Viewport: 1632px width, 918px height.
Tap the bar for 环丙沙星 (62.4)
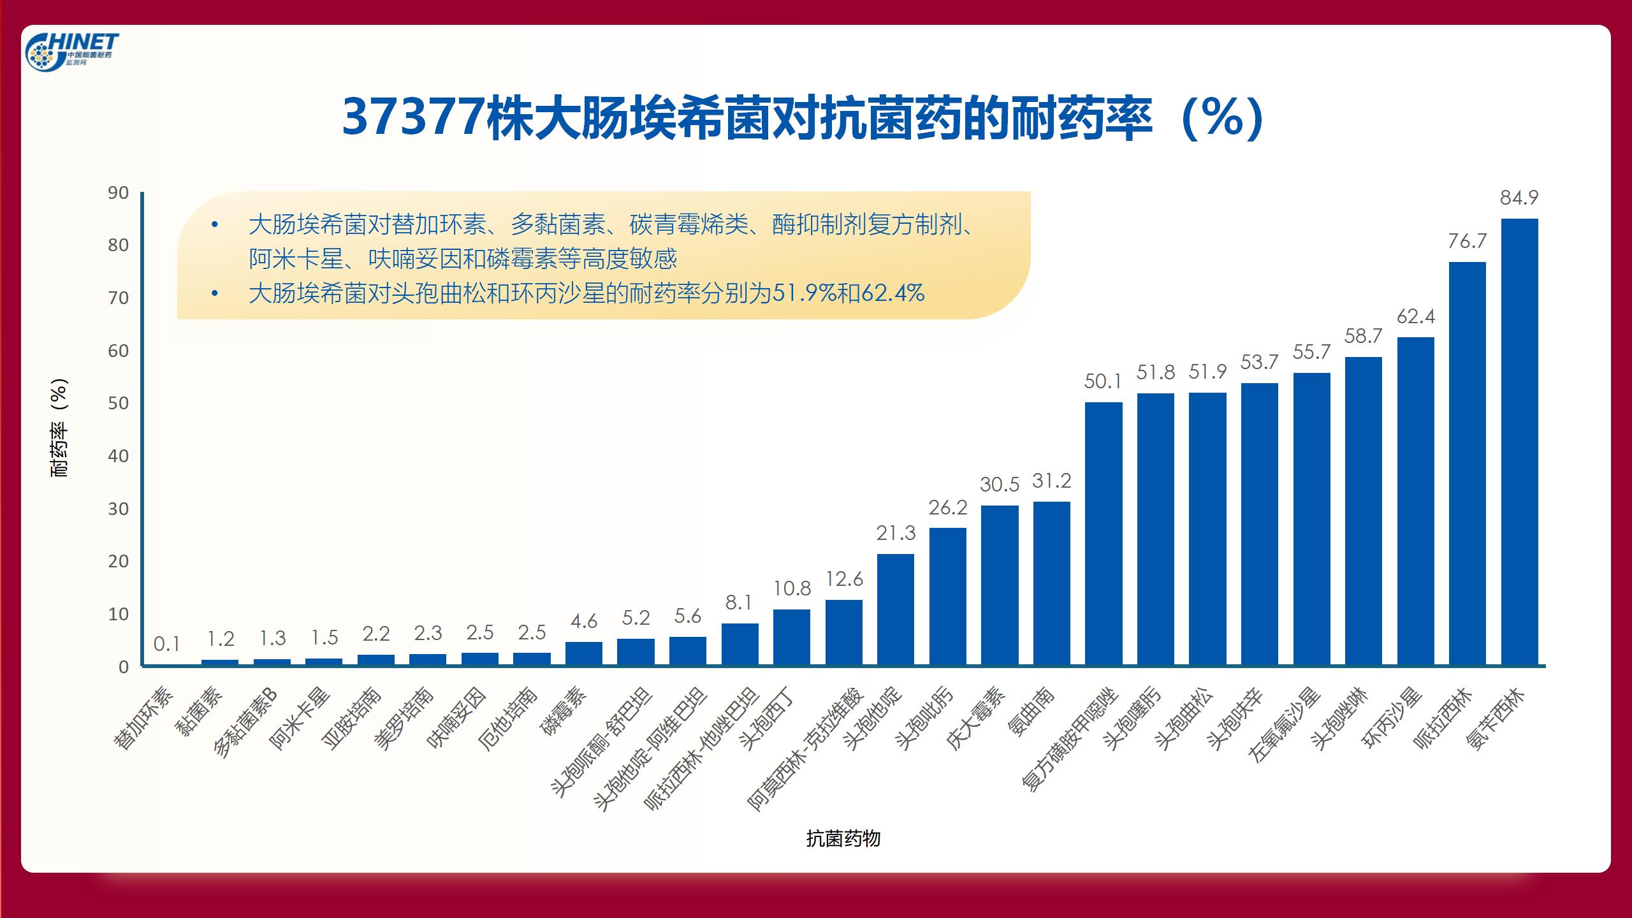coord(1415,501)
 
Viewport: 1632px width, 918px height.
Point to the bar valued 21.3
coord(895,609)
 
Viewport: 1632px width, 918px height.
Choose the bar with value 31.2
coord(1051,583)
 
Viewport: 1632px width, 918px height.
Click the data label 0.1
coord(166,645)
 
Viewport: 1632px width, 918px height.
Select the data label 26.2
coord(947,507)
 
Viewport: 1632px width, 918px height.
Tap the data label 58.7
coord(1363,336)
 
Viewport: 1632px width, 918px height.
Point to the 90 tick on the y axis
coord(118,193)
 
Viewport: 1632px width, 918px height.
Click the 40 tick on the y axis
coord(118,456)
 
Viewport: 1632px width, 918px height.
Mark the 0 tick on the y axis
coord(123,667)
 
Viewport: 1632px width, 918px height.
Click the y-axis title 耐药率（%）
coord(59,428)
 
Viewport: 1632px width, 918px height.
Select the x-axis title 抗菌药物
coord(843,838)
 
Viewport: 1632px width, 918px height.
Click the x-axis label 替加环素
coord(144,718)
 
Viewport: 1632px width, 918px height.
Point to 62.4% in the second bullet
coord(892,293)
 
